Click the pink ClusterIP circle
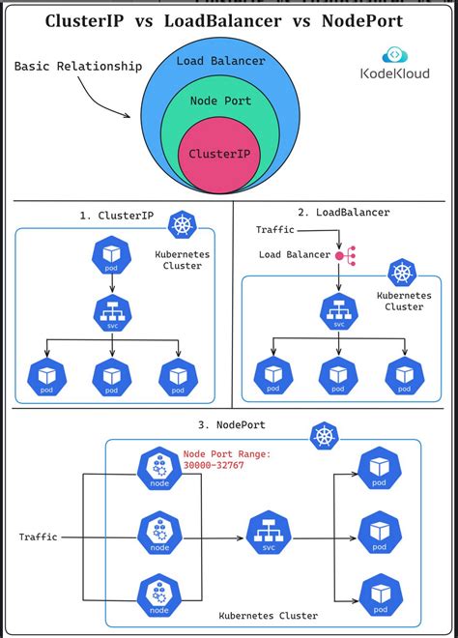(x=220, y=153)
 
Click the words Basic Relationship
(x=78, y=67)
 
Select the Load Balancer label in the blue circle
(x=220, y=61)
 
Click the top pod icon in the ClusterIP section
(x=112, y=254)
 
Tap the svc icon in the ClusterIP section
(x=112, y=314)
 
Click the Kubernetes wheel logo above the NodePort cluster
(x=325, y=437)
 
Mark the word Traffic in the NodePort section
(x=38, y=536)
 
